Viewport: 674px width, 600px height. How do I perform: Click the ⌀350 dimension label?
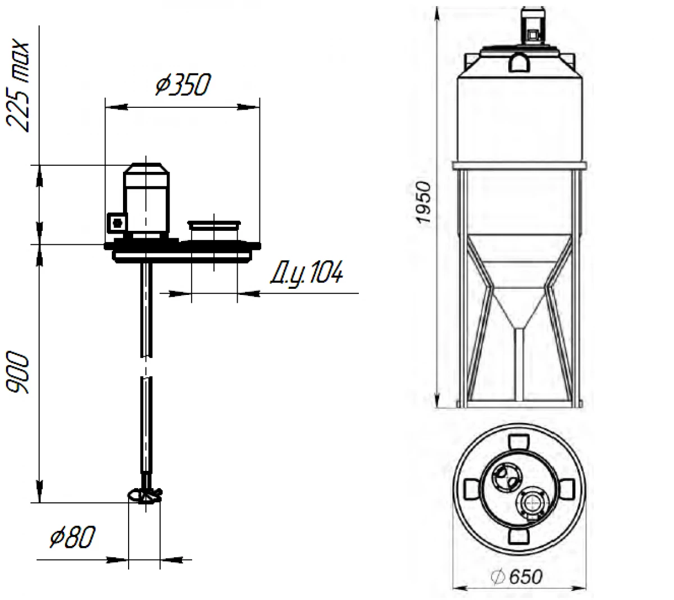pyautogui.click(x=183, y=84)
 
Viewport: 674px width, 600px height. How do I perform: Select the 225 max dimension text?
pyautogui.click(x=18, y=86)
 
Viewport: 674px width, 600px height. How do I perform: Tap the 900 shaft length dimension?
pyautogui.click(x=17, y=372)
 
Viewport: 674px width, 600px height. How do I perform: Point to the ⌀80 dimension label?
pyautogui.click(x=72, y=537)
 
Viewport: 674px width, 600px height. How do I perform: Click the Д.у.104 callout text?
pyautogui.click(x=307, y=272)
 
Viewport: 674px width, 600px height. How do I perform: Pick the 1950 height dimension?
pyautogui.click(x=423, y=202)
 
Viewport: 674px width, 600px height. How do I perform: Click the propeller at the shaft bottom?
pyautogui.click(x=145, y=495)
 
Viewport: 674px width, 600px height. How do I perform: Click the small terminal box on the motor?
pyautogui.click(x=117, y=222)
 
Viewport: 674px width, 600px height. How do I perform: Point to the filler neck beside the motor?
pyautogui.click(x=214, y=230)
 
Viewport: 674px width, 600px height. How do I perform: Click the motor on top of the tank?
pyautogui.click(x=533, y=26)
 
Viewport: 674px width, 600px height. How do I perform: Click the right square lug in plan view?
pyautogui.click(x=566, y=489)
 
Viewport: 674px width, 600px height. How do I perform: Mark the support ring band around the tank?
pyautogui.click(x=520, y=165)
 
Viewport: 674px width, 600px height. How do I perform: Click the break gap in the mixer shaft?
pyautogui.click(x=146, y=367)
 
